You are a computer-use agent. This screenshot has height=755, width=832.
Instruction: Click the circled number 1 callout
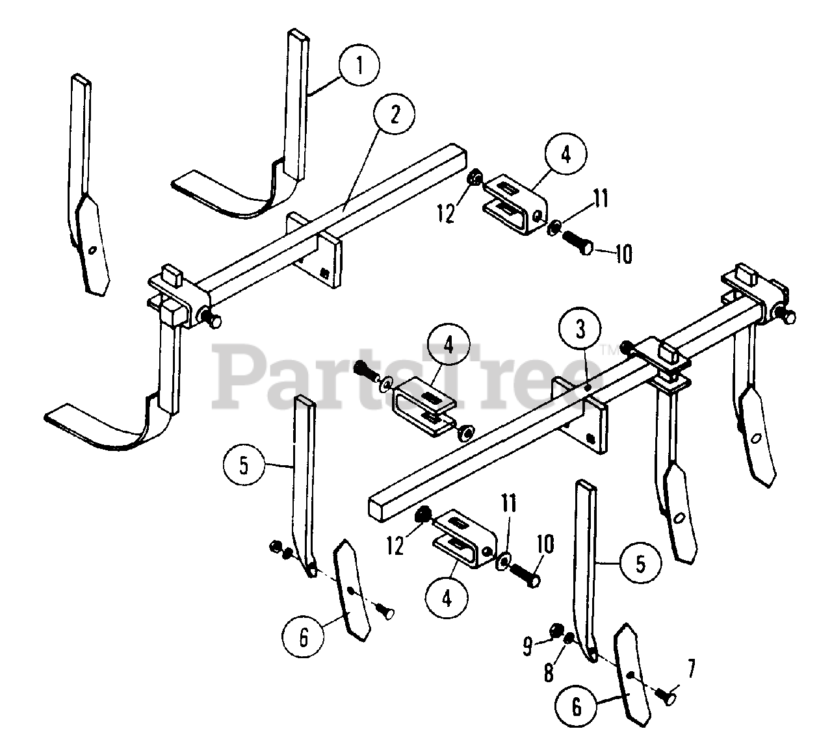pyautogui.click(x=359, y=68)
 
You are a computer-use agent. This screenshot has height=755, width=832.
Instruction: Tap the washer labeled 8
pyautogui.click(x=567, y=639)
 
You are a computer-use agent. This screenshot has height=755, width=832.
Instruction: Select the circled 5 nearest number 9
pyautogui.click(x=640, y=563)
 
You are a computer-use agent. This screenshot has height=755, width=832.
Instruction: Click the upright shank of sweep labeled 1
pyautogui.click(x=296, y=104)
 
